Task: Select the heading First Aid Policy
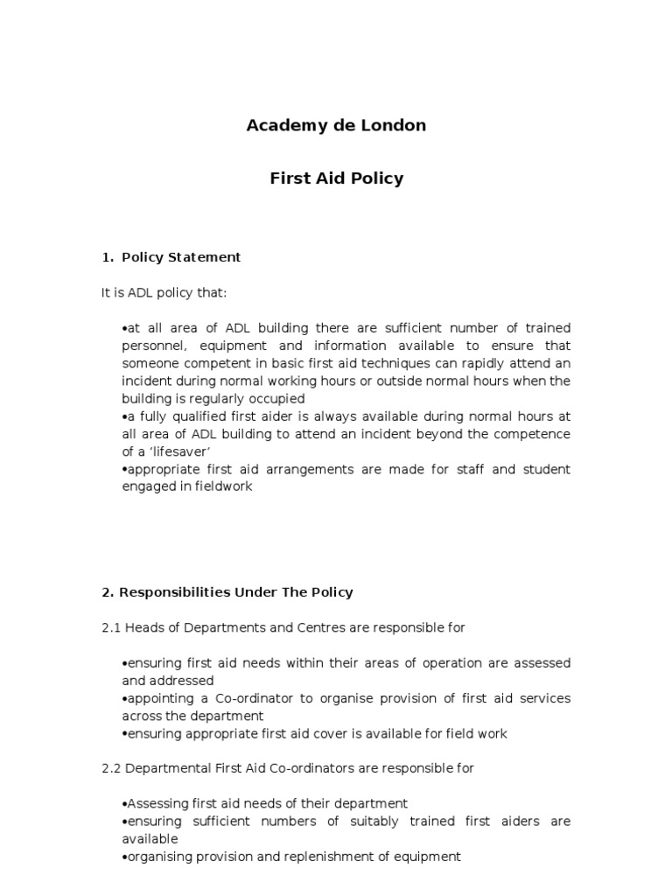(x=336, y=178)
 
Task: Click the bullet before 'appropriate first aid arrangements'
(x=124, y=470)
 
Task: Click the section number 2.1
(x=111, y=627)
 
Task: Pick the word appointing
(x=159, y=698)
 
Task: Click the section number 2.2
(x=111, y=768)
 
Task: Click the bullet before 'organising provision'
(x=124, y=857)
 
